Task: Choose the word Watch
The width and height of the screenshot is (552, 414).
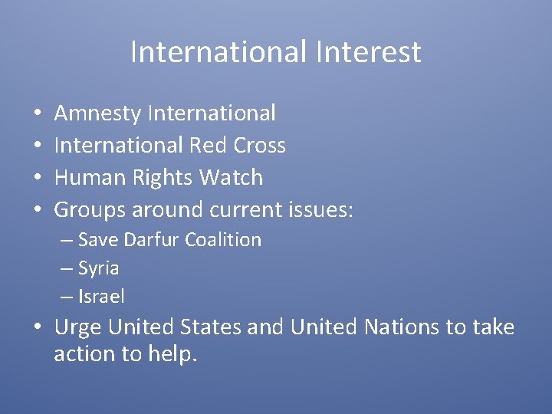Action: tap(231, 177)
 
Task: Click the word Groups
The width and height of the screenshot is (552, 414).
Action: tap(90, 209)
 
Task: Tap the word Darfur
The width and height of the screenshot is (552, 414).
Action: tap(151, 240)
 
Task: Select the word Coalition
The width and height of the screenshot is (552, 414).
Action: tap(223, 240)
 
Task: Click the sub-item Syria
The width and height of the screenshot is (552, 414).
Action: tap(98, 268)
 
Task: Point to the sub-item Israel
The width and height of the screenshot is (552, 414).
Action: tap(101, 296)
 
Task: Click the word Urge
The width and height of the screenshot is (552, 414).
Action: tap(78, 327)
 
